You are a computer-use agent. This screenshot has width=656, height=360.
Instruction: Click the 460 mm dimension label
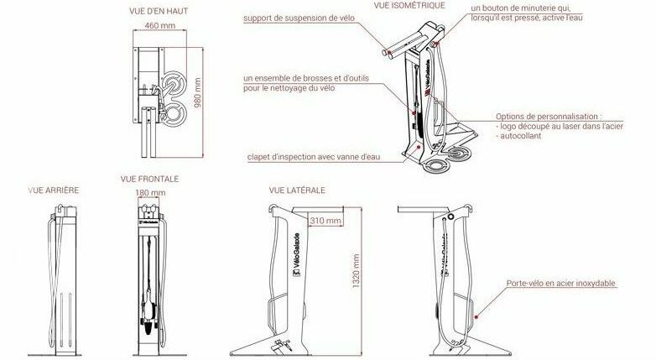coord(160,25)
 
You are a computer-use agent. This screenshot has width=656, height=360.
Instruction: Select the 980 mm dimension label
coord(198,92)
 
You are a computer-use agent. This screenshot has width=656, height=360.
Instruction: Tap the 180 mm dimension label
coord(150,192)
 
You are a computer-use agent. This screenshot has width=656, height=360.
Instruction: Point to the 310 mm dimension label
coord(325,220)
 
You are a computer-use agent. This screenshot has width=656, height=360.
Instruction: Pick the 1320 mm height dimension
coord(356,270)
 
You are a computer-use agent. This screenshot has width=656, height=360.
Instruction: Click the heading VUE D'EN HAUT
coord(159,11)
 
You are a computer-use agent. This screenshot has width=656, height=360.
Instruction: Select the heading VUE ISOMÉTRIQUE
coord(409,5)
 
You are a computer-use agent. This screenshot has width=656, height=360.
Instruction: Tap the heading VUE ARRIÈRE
coord(54,190)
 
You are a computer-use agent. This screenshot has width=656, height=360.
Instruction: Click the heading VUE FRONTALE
coord(149,179)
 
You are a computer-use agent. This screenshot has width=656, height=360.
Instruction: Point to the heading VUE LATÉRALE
coord(297,190)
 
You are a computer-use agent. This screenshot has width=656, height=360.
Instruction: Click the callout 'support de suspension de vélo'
coord(299,18)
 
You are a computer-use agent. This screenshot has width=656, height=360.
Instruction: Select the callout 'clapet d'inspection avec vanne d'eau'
coord(314,157)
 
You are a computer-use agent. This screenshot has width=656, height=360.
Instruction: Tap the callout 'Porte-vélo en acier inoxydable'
coord(560,284)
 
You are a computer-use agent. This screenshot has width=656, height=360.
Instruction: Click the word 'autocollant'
coord(521,136)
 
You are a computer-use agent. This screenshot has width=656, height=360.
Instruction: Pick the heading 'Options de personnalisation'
coord(546,117)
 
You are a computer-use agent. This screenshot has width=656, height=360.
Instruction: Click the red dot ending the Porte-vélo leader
coord(476,317)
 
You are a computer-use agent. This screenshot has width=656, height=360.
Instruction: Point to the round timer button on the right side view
coord(450,217)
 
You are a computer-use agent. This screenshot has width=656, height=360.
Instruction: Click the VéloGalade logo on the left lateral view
coord(296,254)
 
